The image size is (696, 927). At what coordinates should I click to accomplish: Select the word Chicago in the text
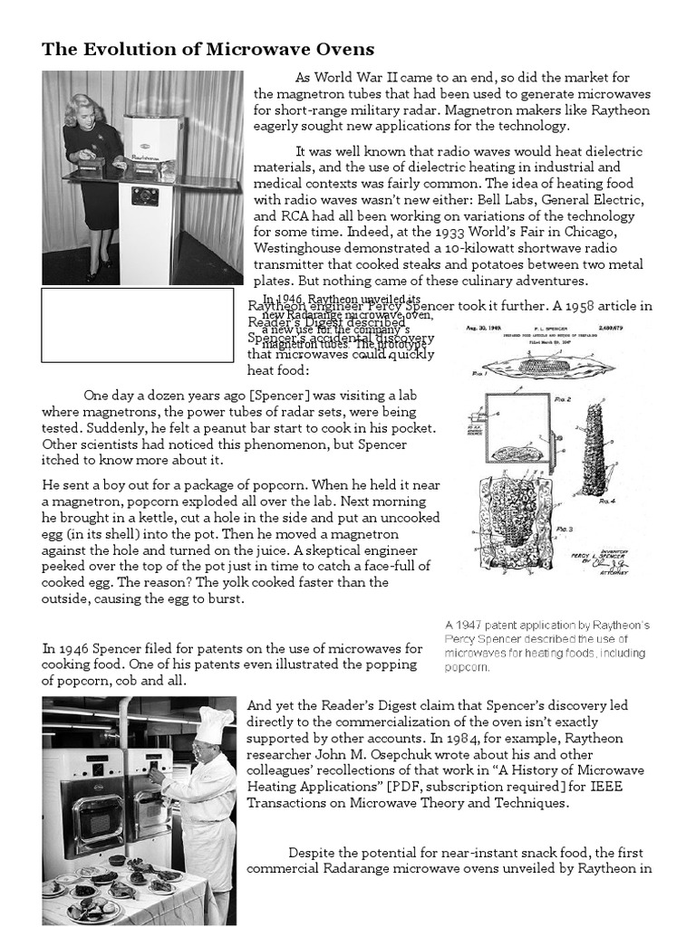[590, 233]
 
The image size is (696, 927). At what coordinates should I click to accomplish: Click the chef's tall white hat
[215, 723]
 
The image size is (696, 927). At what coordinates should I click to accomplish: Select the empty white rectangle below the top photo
[137, 325]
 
